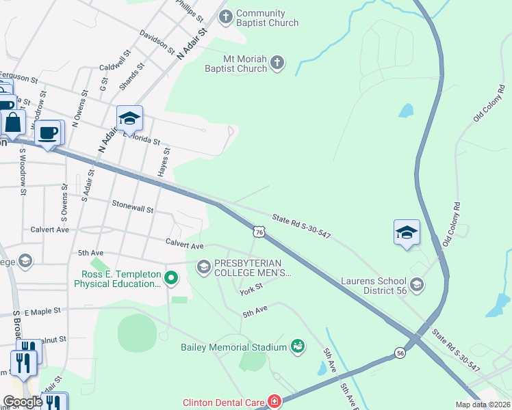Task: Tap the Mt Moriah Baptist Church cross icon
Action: click(277, 63)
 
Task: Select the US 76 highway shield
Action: click(258, 232)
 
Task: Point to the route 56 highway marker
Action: click(400, 353)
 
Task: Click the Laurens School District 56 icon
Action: click(416, 284)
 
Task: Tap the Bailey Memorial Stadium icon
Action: click(297, 347)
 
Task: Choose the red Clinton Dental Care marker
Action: click(274, 402)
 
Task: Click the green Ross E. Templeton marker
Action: click(172, 278)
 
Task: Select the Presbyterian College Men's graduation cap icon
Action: click(203, 266)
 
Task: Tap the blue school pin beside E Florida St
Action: click(129, 119)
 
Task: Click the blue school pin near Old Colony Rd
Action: click(407, 232)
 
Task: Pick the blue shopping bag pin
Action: click(12, 123)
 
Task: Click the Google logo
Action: click(23, 402)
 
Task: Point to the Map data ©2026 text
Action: click(483, 405)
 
